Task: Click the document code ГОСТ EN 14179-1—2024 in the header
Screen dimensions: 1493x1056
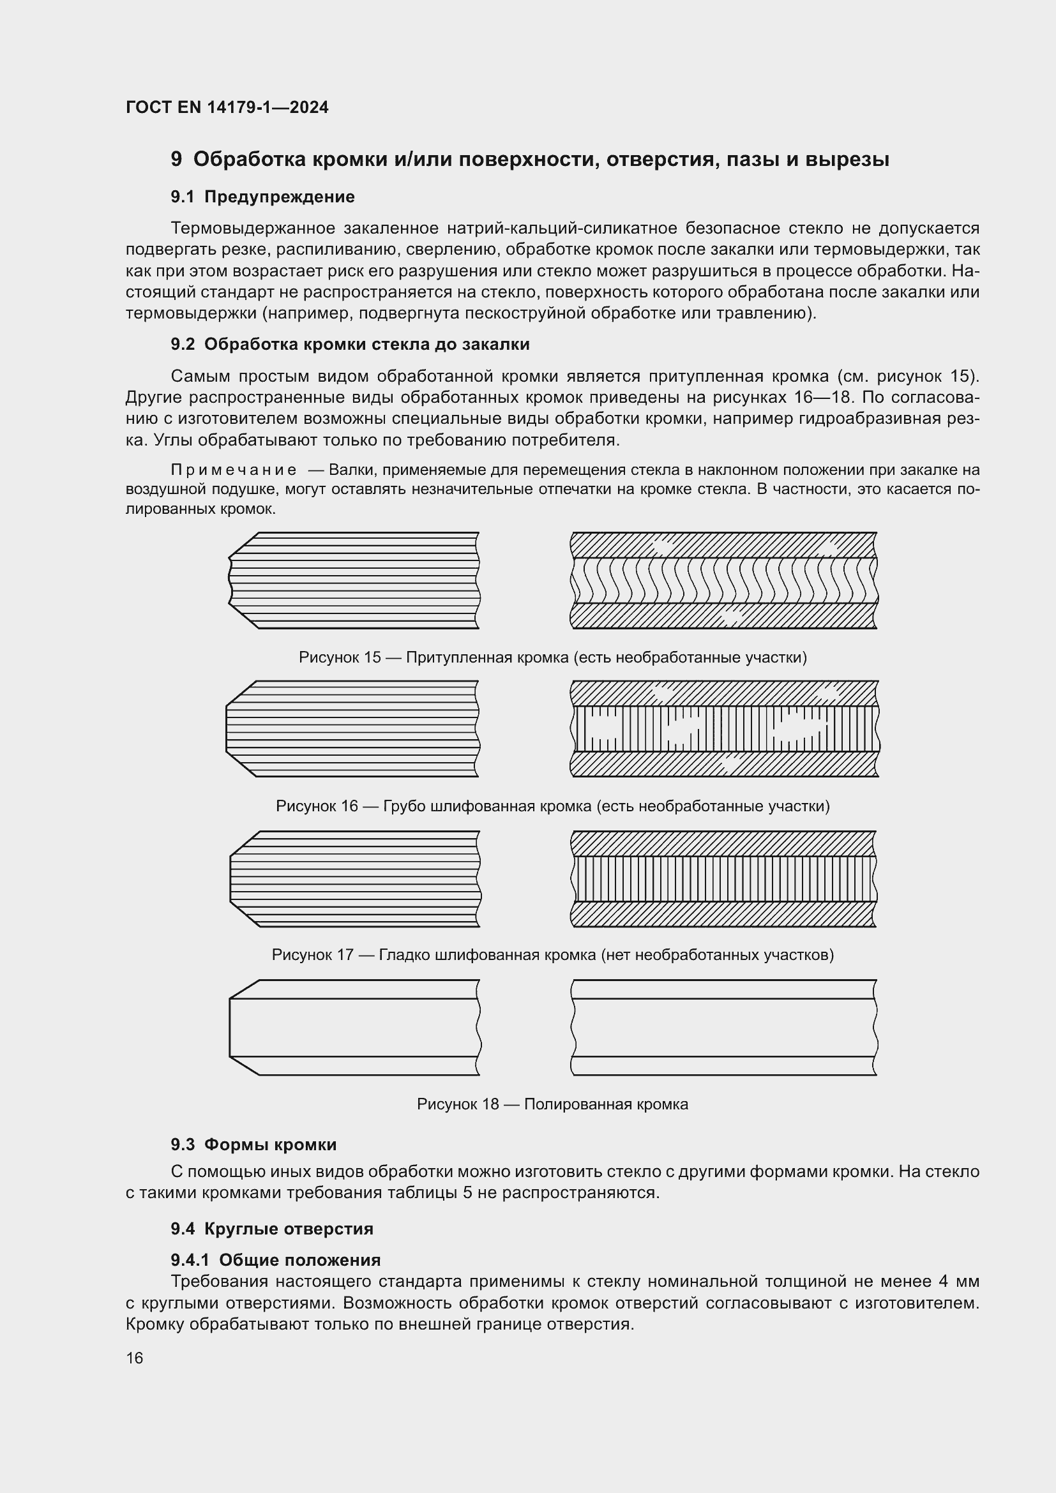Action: tap(227, 107)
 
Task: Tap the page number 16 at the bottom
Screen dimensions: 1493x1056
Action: tap(135, 1358)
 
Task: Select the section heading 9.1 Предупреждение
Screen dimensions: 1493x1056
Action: tap(262, 197)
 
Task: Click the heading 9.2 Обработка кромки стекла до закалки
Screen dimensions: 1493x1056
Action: tap(350, 345)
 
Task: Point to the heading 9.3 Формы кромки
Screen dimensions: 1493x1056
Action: tap(253, 1144)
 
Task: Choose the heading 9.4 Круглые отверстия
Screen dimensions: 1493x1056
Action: tap(272, 1229)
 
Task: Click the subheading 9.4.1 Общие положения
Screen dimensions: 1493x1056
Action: tap(276, 1260)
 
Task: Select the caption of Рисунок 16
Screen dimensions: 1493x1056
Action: tap(552, 806)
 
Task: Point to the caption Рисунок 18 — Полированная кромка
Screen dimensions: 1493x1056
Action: tap(552, 1104)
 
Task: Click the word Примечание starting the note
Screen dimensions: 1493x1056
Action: tap(234, 470)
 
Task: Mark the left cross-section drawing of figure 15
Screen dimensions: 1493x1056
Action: tap(354, 581)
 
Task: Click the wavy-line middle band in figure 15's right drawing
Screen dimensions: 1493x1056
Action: tap(724, 581)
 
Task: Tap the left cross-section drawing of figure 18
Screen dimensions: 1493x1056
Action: tap(354, 1028)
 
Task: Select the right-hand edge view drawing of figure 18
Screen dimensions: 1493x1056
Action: tap(724, 1028)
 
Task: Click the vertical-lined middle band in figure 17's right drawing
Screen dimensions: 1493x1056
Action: tap(724, 878)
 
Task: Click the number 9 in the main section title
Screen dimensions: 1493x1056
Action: tap(176, 160)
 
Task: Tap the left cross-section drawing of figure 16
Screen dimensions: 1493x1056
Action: tap(354, 729)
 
